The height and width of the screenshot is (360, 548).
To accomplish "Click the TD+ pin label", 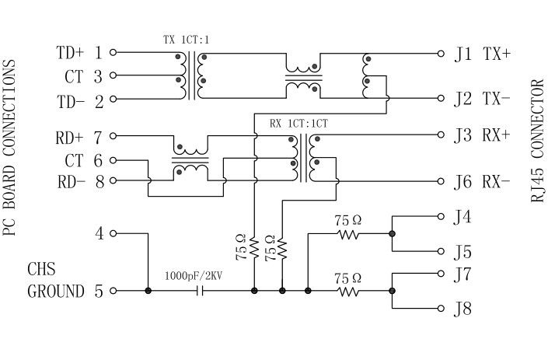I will pos(70,54).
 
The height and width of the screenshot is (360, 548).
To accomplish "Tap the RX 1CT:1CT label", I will pos(298,123).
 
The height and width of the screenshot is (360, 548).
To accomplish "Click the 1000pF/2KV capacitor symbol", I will pos(201,292).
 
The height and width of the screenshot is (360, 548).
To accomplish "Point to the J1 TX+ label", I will pos(483,54).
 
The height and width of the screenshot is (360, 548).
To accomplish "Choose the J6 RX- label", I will pos(483,183).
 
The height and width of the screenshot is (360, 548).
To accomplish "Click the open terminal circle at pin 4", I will pos(113,233).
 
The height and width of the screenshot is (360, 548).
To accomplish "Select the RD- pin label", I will pos(70,183).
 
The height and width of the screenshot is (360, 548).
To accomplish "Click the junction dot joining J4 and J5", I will pos(393,233).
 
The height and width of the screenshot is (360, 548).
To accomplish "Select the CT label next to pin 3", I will pos(74,77).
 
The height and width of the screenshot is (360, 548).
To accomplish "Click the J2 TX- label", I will pos(483,100).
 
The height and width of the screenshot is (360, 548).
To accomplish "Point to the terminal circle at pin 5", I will pos(113,292).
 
